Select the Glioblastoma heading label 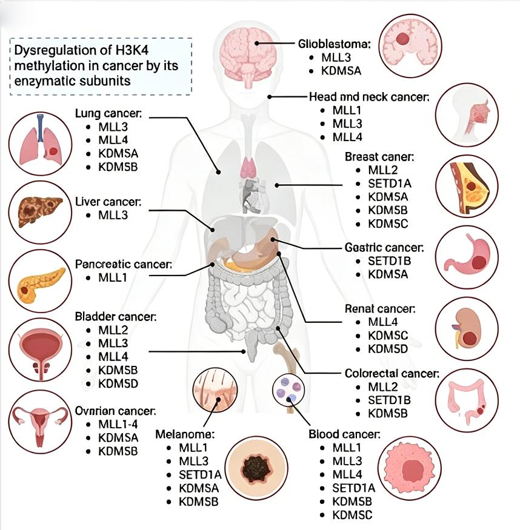343,44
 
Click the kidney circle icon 467,326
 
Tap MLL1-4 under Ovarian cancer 118,424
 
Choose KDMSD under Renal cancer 388,349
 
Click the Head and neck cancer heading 369,97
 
